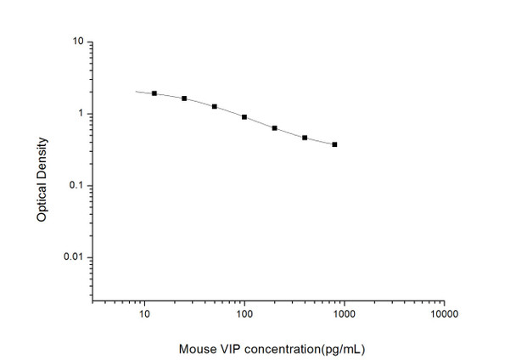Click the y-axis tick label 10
[77, 42]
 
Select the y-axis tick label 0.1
[76, 186]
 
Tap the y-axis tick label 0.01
[74, 257]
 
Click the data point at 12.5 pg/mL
[154, 93]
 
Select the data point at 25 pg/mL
[184, 98]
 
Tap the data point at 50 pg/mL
[215, 107]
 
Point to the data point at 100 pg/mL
[244, 117]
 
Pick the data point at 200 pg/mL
[275, 128]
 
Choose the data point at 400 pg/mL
[305, 138]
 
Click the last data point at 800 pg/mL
[335, 144]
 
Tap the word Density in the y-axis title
[42, 158]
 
